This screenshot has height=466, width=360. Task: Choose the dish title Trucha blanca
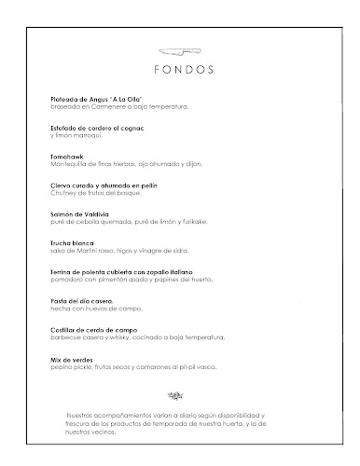tap(74, 243)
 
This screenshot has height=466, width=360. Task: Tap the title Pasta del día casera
tap(84, 301)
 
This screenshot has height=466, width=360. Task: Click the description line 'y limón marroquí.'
tap(77, 135)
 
